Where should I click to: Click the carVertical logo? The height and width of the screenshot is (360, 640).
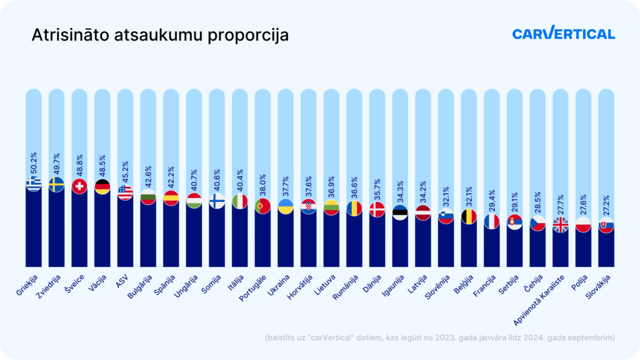pyautogui.click(x=563, y=34)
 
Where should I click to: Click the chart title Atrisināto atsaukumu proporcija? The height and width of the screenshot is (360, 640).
pyautogui.click(x=160, y=35)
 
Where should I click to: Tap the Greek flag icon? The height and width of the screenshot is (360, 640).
pyautogui.click(x=33, y=183)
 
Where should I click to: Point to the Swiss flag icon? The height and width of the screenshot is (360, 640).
pyautogui.click(x=79, y=186)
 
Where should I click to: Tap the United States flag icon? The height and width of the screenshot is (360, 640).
pyautogui.click(x=125, y=192)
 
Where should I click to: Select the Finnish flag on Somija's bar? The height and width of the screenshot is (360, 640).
pyautogui.click(x=217, y=201)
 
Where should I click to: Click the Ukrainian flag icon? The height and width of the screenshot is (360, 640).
pyautogui.click(x=286, y=207)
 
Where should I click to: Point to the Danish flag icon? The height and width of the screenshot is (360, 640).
pyautogui.click(x=377, y=210)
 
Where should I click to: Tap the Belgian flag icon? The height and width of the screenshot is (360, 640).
pyautogui.click(x=469, y=217)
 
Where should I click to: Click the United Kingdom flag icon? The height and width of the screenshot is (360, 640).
pyautogui.click(x=561, y=224)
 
